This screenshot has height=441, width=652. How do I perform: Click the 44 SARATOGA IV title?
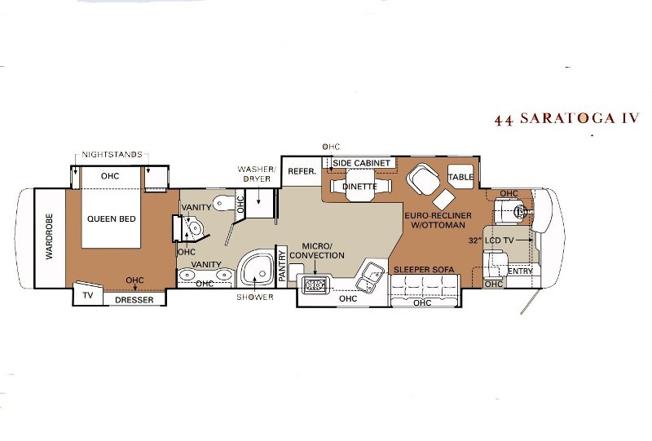(x=566, y=118)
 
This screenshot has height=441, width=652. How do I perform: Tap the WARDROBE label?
(x=50, y=236)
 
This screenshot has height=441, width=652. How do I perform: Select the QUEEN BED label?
(x=112, y=218)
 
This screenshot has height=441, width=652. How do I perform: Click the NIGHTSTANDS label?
(x=112, y=155)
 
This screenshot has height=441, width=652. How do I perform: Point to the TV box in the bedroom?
(x=87, y=294)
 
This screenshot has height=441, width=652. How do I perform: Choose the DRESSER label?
(x=134, y=300)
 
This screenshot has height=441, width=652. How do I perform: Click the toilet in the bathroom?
(x=223, y=204)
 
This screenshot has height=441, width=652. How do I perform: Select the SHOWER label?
(x=255, y=297)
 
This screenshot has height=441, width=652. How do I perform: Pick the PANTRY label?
(x=282, y=266)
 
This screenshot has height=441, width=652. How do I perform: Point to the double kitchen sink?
(x=370, y=277)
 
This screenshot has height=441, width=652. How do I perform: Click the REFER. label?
(x=302, y=171)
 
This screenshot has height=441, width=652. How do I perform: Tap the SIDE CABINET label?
(x=361, y=163)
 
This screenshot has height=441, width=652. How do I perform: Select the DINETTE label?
(x=359, y=187)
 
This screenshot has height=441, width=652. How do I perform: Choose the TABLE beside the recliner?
(x=460, y=177)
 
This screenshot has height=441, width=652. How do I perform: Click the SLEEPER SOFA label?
(x=424, y=270)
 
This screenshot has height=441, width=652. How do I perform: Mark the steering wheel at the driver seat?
(x=520, y=211)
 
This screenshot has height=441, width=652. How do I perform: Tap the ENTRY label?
(x=520, y=271)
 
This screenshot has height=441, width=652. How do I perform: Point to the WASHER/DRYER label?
(x=257, y=174)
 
